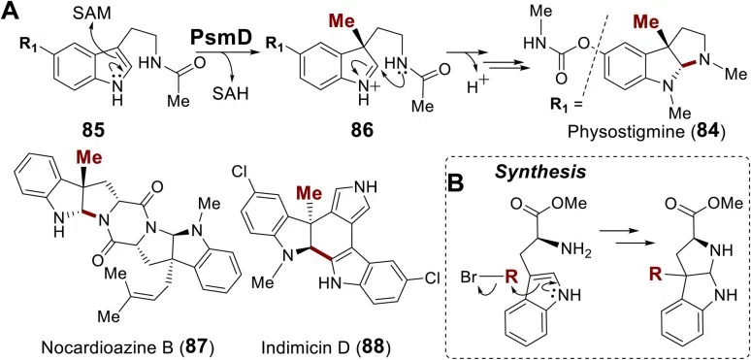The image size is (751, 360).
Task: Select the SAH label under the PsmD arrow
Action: [232, 93]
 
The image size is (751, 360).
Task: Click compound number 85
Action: [93, 131]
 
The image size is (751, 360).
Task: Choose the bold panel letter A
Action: [11, 11]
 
